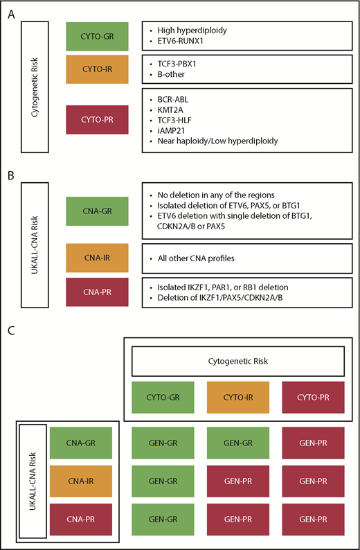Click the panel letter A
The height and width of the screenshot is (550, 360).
[x=11, y=12]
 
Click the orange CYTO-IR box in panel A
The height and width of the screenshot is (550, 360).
[x=98, y=68]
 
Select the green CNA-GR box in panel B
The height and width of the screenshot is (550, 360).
[x=98, y=211]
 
